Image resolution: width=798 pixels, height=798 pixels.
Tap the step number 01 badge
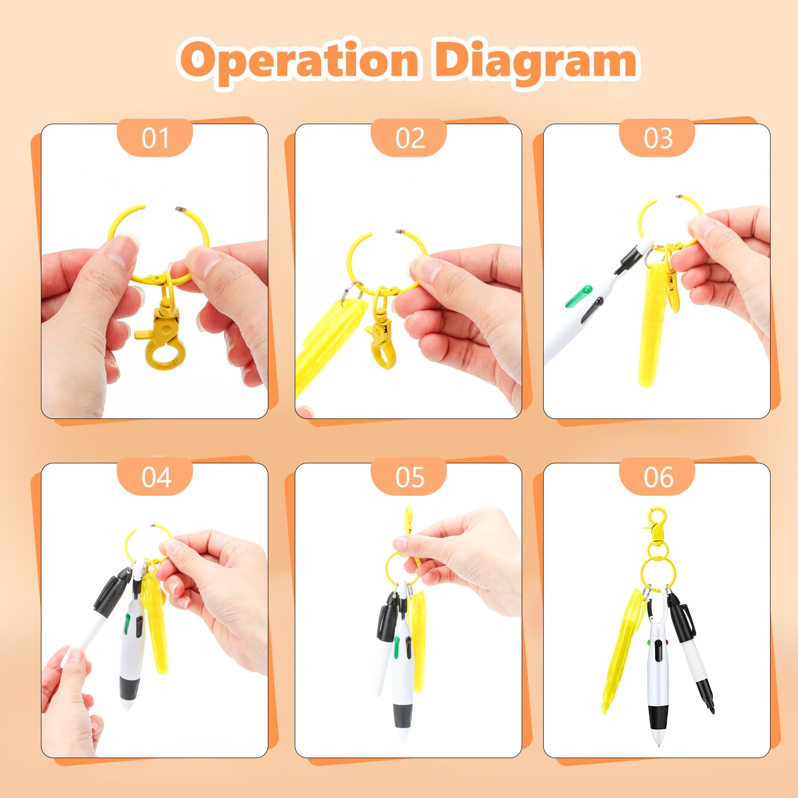(x=155, y=138)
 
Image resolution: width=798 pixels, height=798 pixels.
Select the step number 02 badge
(x=409, y=138)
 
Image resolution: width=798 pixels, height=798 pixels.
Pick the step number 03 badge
(x=657, y=138)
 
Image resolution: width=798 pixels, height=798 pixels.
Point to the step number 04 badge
(x=155, y=477)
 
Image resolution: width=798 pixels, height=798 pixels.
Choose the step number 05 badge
(x=409, y=477)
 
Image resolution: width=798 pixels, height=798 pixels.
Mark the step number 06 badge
(x=657, y=477)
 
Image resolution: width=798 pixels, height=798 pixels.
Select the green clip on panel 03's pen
(x=578, y=296)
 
